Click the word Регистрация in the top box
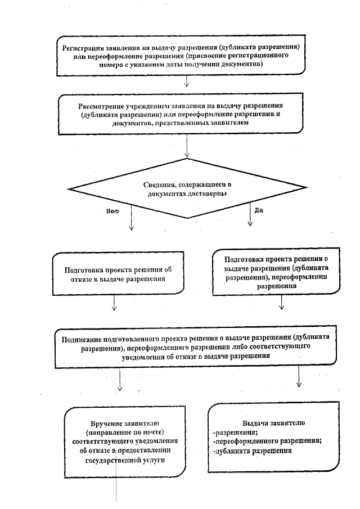click(x=84, y=46)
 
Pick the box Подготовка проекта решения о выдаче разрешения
click(x=268, y=272)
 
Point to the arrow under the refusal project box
click(x=114, y=304)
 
